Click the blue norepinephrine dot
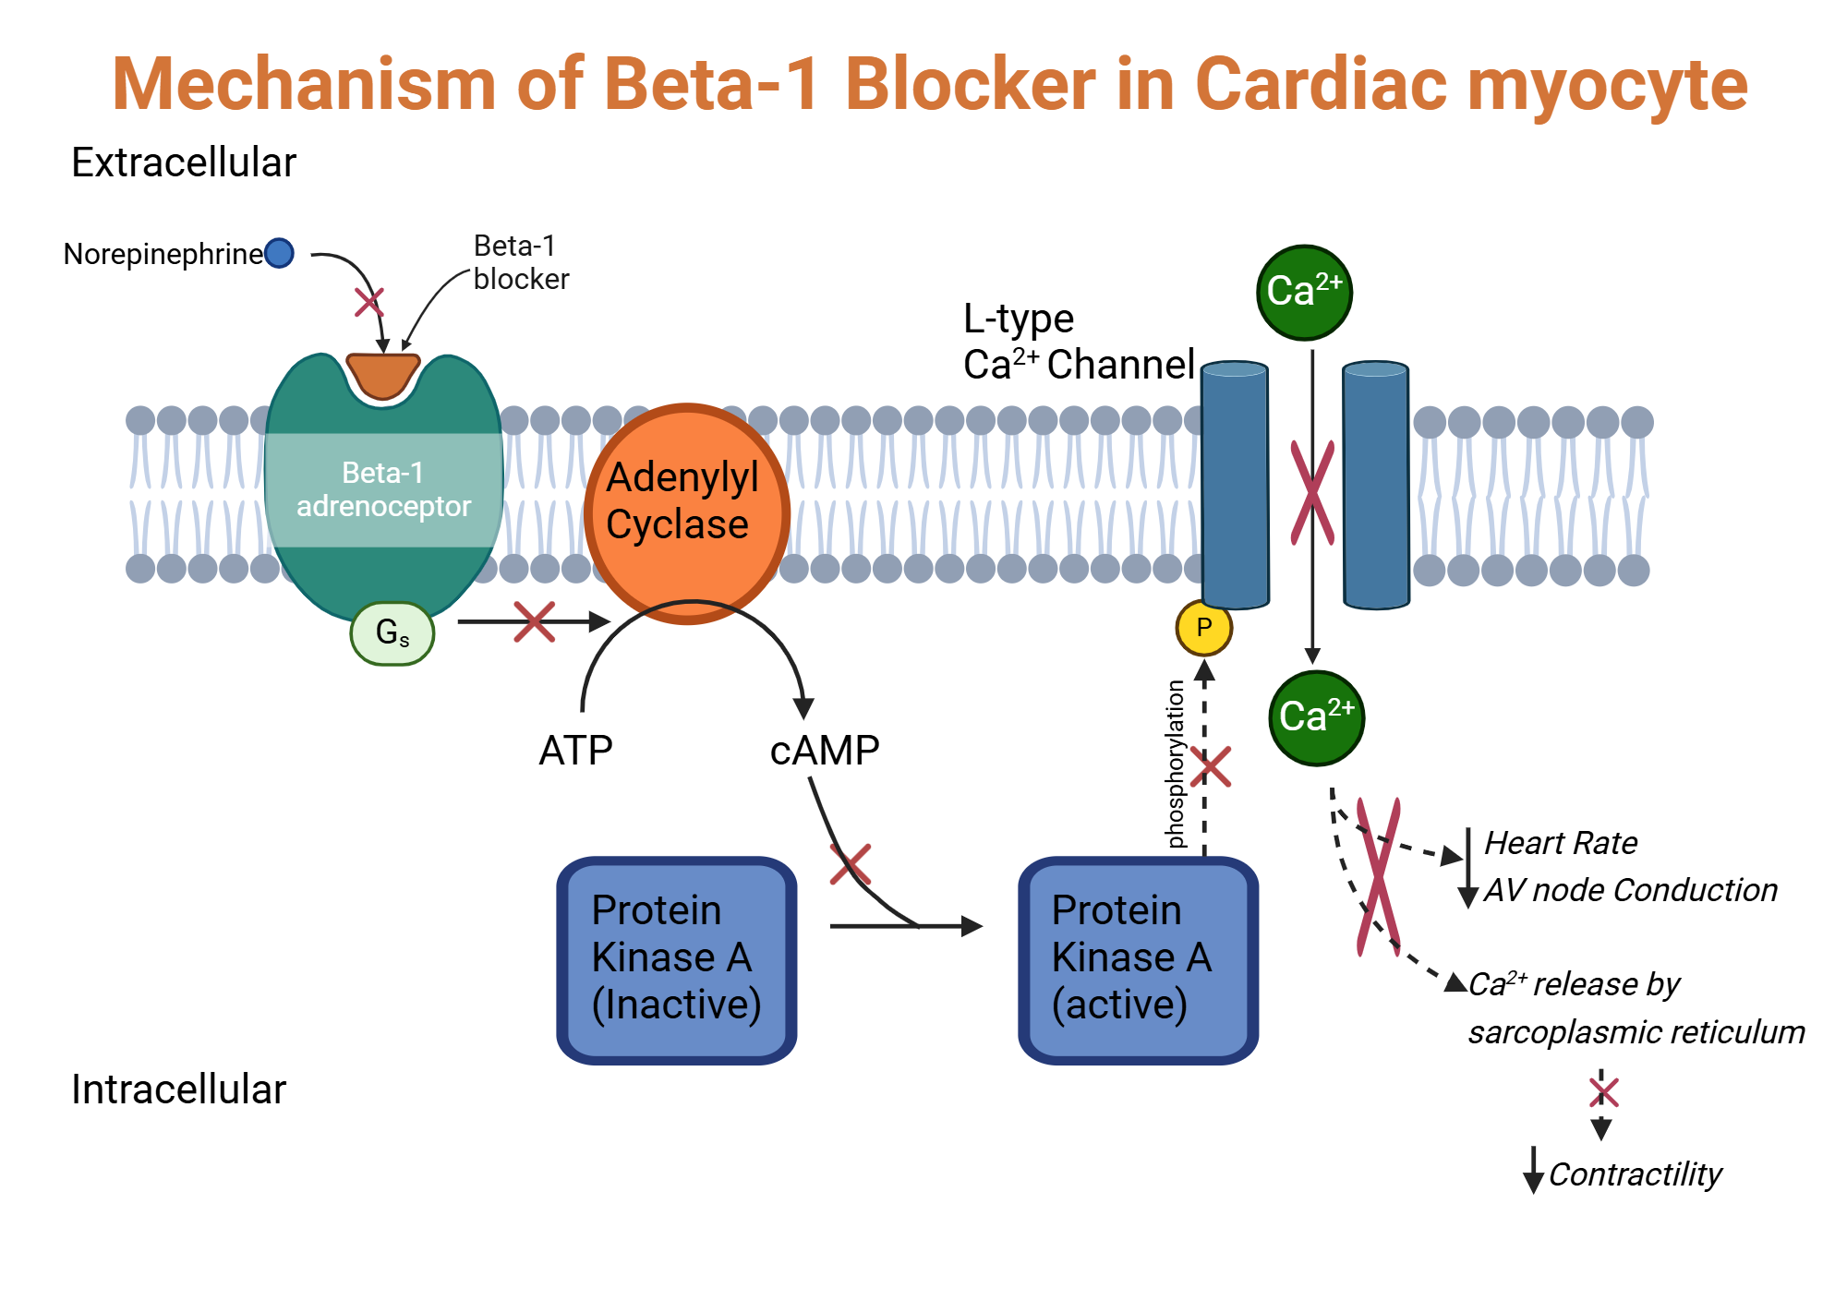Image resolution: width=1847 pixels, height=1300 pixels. (x=279, y=253)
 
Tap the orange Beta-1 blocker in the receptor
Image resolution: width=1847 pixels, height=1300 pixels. (x=382, y=375)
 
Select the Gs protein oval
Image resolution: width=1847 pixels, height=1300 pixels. (x=392, y=633)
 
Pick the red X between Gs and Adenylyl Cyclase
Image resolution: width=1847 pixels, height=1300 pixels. (x=534, y=622)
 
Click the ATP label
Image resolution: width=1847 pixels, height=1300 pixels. (x=575, y=751)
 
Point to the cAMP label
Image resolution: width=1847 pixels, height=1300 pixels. (x=824, y=751)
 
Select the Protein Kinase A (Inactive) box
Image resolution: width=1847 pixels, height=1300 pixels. (x=676, y=960)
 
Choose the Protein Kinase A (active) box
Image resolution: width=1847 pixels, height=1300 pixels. (x=1138, y=960)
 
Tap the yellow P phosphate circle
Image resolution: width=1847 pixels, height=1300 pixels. (x=1203, y=628)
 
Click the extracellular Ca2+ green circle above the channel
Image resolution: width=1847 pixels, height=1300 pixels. (x=1304, y=292)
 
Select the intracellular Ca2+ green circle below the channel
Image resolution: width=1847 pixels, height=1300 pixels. (x=1316, y=717)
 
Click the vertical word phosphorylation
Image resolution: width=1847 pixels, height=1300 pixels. (x=1175, y=764)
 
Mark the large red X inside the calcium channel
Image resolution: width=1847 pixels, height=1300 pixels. (x=1312, y=492)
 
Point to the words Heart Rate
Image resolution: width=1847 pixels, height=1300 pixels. (x=1561, y=843)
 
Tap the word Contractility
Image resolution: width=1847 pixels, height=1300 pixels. (x=1635, y=1174)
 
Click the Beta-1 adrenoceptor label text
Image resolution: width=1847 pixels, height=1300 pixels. (x=383, y=489)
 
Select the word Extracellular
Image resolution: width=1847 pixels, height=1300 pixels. (x=184, y=162)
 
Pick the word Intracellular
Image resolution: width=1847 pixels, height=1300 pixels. (x=178, y=1089)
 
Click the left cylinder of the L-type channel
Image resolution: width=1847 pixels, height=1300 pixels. (x=1235, y=485)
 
